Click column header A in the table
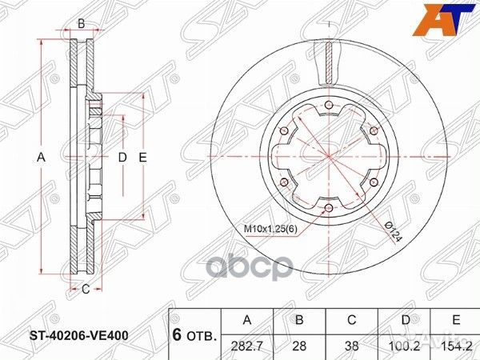coord(247,320)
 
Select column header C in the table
coord(353,320)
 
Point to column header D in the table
coord(405,320)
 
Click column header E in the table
coord(456,320)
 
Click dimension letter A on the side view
coord(41,158)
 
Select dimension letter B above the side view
coord(80,24)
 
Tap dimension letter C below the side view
coord(85,289)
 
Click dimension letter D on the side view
coord(122,158)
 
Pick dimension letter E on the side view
coord(143,158)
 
